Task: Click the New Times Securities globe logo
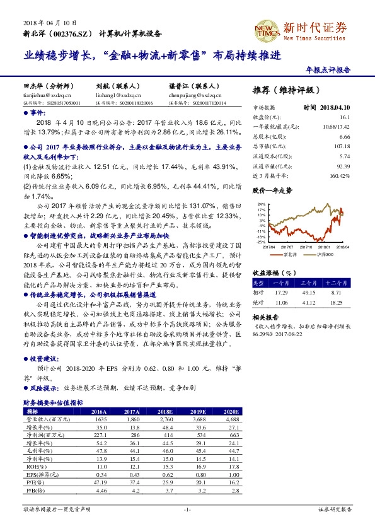267,28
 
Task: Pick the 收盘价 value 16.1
344,117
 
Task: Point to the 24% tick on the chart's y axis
261,205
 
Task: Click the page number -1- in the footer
187,508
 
